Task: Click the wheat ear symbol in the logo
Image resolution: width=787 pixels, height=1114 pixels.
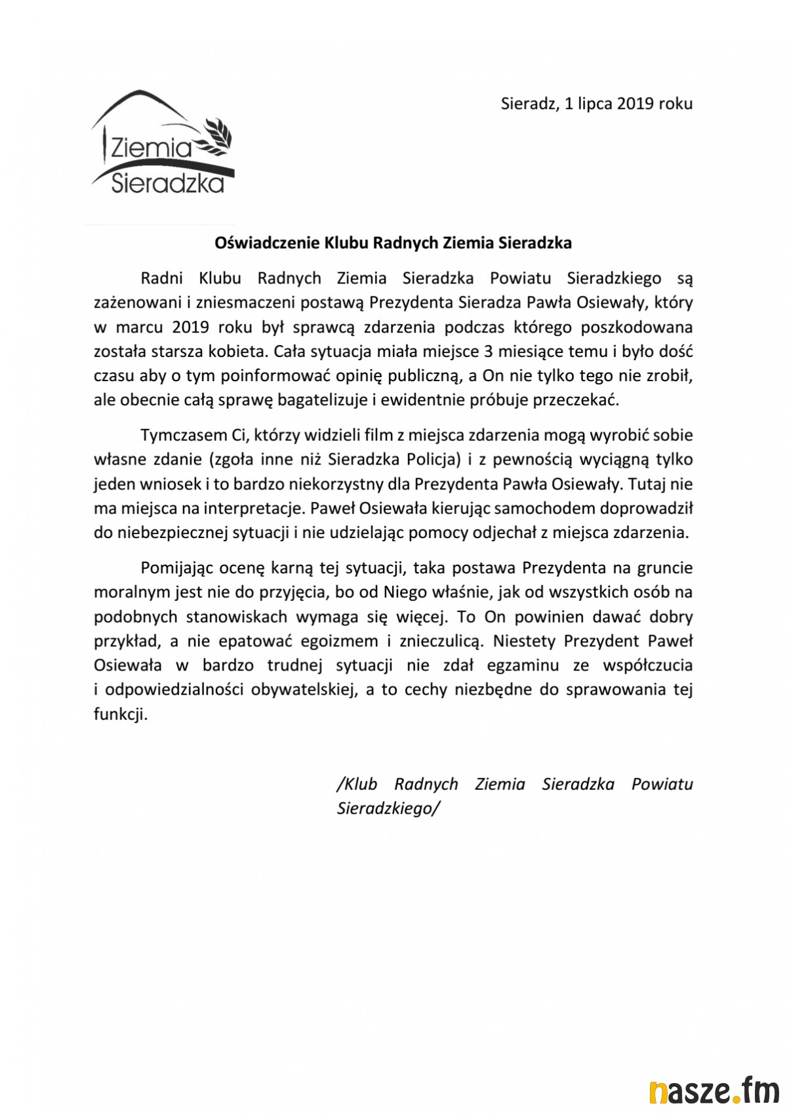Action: click(218, 134)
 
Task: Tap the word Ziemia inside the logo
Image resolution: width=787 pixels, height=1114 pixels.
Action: click(151, 148)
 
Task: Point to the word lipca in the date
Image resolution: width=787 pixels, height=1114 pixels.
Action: click(595, 104)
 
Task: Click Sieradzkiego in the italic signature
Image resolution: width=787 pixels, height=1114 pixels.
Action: click(386, 808)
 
